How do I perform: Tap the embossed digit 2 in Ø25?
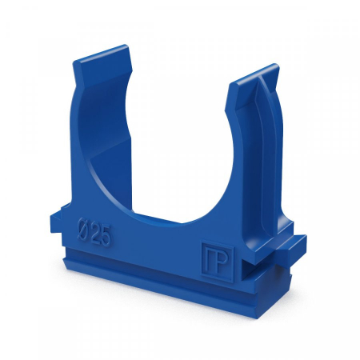click(x=94, y=233)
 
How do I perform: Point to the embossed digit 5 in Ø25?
click(x=106, y=236)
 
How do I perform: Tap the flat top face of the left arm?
click(x=102, y=58)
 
